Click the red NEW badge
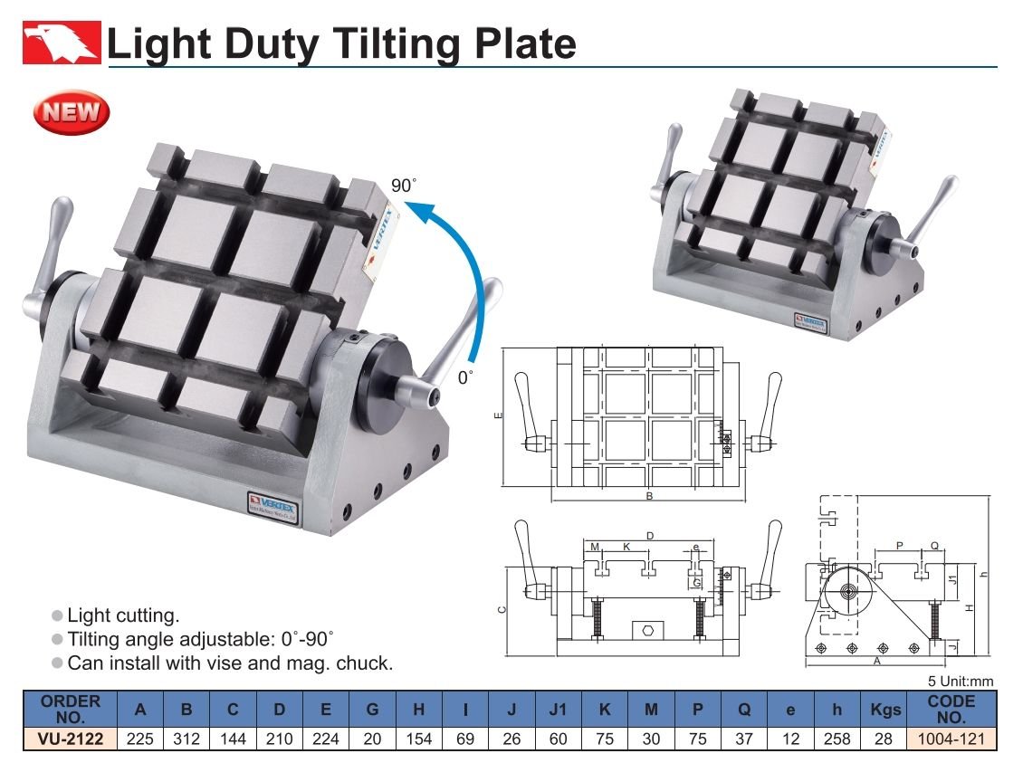(x=72, y=112)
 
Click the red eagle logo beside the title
(x=62, y=43)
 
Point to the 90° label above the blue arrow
(x=403, y=186)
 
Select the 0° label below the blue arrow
(x=464, y=377)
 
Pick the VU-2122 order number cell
(x=71, y=739)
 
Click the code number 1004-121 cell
(x=951, y=739)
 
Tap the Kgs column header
(x=884, y=710)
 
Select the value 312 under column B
(x=186, y=739)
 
